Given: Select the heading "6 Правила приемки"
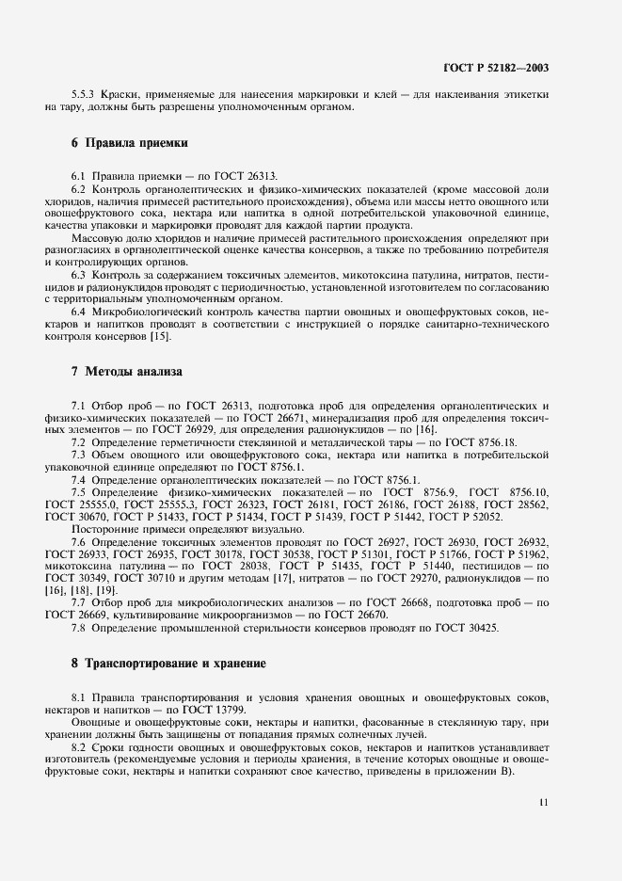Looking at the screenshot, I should coord(130,144).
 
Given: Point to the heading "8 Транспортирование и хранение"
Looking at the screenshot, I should coord(168,664).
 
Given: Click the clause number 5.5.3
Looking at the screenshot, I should coord(83,95).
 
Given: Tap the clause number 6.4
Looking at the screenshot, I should coord(79,311).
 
